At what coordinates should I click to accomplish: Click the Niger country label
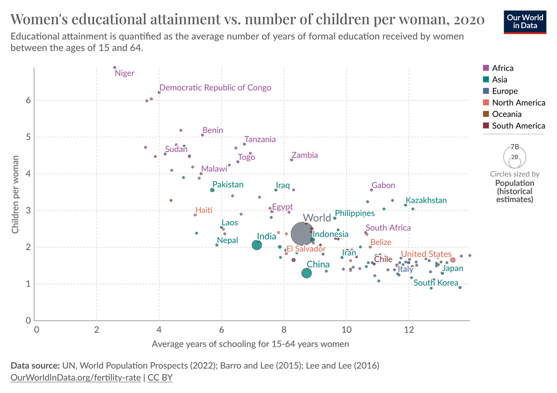coord(124,73)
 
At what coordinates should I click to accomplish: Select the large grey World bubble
coord(302,233)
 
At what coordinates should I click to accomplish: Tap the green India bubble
coord(257,245)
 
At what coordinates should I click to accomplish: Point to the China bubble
coord(306,273)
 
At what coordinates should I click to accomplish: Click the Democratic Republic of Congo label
coord(215,87)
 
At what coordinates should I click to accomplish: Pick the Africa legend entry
coord(502,68)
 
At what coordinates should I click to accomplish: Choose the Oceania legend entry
coord(506,114)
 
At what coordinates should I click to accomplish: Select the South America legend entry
coord(518,126)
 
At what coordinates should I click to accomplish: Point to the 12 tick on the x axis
coord(409,330)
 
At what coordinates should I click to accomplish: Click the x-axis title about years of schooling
coord(250,344)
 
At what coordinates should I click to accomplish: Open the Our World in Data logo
coord(524,21)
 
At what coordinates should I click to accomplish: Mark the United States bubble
coord(453,260)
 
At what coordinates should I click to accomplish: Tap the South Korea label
coord(436,283)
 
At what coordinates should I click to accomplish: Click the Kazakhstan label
coord(426,200)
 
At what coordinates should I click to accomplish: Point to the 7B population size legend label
coord(515,146)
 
